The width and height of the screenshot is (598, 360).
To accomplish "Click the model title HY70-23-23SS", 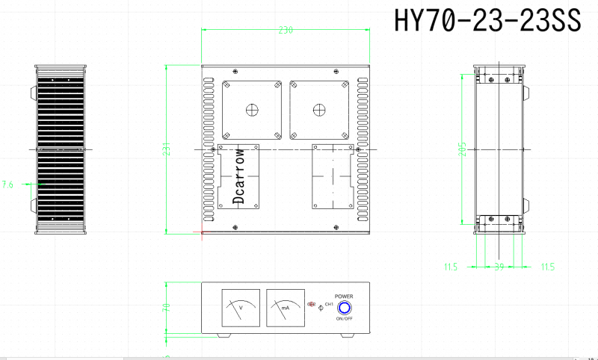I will tap(487, 22).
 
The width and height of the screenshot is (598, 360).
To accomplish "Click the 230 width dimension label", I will tap(286, 31).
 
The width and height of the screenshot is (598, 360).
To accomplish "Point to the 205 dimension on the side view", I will tap(463, 149).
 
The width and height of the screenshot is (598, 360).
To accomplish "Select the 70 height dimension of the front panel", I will tap(167, 307).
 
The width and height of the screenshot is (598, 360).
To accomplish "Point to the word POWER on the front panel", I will tap(345, 295).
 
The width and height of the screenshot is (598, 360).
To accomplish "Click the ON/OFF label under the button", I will tap(345, 319).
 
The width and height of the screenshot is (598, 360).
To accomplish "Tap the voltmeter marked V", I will tap(240, 307).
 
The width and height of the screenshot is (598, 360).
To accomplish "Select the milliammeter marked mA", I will tap(286, 307).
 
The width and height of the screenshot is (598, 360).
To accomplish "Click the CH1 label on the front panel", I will tap(329, 305).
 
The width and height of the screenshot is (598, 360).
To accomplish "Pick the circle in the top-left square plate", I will tap(251, 110).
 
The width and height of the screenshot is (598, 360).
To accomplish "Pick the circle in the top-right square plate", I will tap(319, 110).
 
